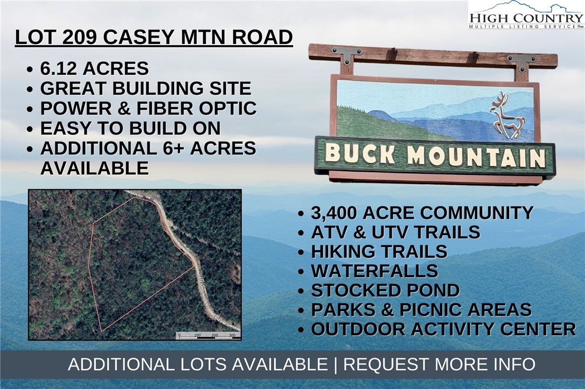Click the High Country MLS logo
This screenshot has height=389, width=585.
pos(526,15)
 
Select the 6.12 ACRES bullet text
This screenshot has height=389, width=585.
pos(94,69)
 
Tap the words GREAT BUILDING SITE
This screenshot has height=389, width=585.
pos(145,88)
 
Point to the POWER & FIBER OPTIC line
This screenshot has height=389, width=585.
pos(148,108)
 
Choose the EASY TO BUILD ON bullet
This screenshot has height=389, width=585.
pos(130,128)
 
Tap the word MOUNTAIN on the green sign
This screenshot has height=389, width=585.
pos(476,157)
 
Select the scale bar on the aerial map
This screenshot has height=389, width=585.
pos(207,335)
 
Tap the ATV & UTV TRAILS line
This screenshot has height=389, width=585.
pos(395,232)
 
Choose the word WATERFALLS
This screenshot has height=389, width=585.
pos(374,271)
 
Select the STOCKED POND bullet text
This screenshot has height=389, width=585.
pos(385,291)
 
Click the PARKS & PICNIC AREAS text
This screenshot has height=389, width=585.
pos(421,310)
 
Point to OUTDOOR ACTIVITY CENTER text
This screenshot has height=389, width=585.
pos(443,329)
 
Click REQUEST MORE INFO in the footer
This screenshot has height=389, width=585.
pos(440,364)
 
